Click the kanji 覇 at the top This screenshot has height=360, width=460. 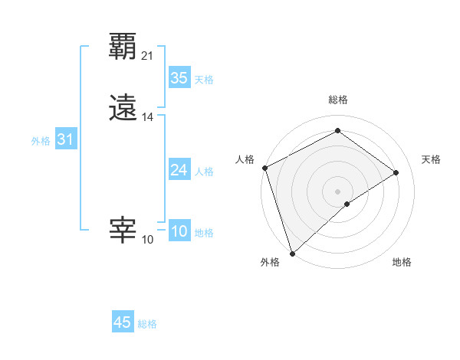123,47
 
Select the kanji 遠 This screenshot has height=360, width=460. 123,109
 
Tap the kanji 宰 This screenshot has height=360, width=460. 123,230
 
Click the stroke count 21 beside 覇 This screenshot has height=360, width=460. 147,56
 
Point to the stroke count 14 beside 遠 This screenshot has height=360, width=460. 147,117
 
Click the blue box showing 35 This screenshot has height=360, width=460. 179,78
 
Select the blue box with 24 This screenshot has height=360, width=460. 179,170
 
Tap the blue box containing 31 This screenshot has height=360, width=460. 66,140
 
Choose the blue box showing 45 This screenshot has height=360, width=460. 123,322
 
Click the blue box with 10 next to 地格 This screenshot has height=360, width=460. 179,232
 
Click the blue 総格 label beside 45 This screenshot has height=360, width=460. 147,324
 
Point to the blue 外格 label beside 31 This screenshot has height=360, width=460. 41,141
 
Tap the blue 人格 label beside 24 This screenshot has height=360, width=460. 205,172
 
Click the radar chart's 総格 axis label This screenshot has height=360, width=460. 337,100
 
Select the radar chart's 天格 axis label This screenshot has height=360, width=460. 431,159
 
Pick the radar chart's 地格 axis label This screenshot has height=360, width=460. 402,262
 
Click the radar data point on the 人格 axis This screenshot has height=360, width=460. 264,167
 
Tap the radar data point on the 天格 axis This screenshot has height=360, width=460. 396,172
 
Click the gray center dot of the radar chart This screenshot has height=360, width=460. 337,191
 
